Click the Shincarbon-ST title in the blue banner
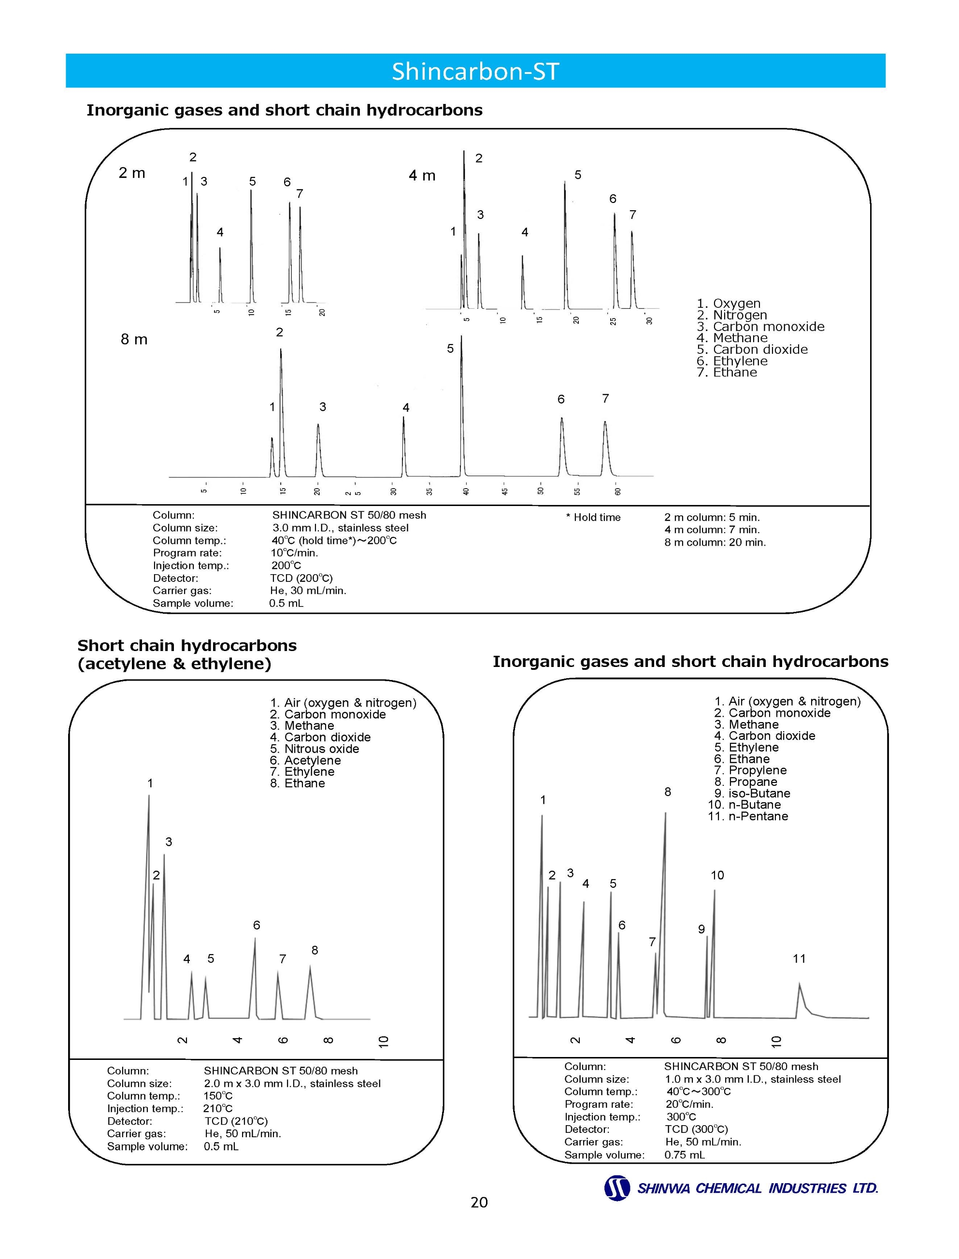475,72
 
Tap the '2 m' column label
132,173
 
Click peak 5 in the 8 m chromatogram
462,400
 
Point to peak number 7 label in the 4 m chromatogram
632,215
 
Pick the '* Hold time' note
593,517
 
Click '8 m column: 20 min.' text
715,542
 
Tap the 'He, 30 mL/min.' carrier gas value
308,591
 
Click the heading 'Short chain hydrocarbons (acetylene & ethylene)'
186,654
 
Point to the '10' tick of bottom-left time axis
384,1041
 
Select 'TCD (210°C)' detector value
236,1121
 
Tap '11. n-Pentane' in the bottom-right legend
748,816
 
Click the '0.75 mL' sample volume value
685,1155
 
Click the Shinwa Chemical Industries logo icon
617,1188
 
